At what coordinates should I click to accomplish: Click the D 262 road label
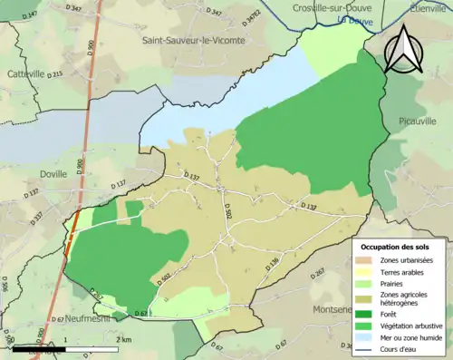coord(319,271)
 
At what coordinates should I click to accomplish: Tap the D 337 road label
coord(37,219)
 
